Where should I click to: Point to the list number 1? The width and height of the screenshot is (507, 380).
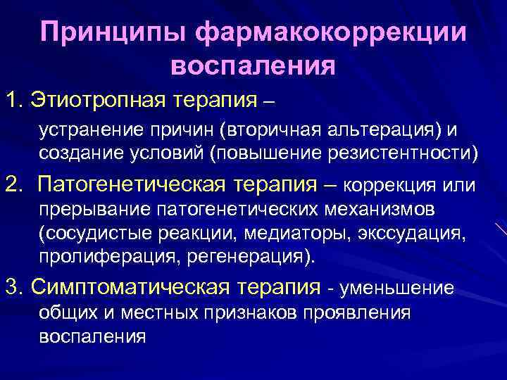pyautogui.click(x=12, y=99)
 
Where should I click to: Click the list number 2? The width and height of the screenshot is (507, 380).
pyautogui.click(x=13, y=184)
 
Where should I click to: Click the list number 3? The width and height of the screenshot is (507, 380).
pyautogui.click(x=13, y=286)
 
